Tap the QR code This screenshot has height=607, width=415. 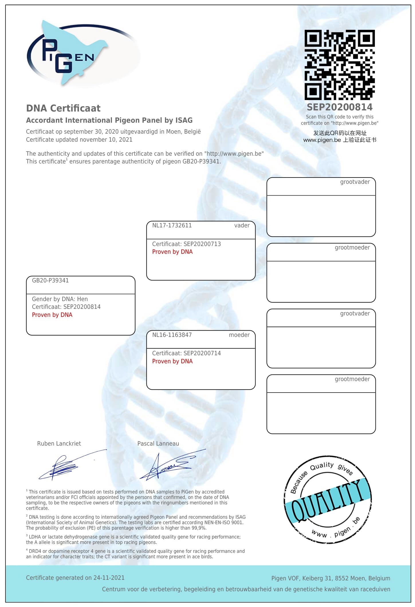pos(339,65)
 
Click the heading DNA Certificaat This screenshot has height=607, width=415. pos(63,108)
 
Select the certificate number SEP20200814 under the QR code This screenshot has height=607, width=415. pos(339,107)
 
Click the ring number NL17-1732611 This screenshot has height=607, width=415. pos(172,225)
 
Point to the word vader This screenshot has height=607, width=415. pos(242,225)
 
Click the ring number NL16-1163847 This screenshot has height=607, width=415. pos(172,335)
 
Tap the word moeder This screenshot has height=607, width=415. pos(239,335)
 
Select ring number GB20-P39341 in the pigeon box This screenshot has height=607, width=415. pos(50,280)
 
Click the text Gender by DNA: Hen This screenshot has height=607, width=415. pos(60,299)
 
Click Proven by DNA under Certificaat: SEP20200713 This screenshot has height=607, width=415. pos(172,252)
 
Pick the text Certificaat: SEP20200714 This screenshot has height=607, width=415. pos(186,353)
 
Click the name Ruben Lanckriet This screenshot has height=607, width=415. pos(59,444)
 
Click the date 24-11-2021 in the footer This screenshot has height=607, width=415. pos(109,578)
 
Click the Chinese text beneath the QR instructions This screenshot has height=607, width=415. pos(340,136)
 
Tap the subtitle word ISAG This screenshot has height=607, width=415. pos(184,120)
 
